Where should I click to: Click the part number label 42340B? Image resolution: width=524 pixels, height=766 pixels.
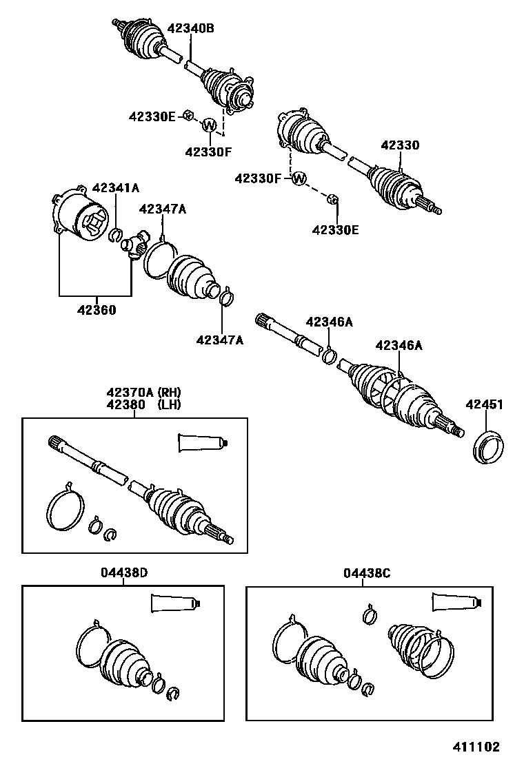point(191,28)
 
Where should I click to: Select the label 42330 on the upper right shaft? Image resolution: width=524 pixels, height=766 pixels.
point(400,145)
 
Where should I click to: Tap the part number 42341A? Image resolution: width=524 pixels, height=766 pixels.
point(116,187)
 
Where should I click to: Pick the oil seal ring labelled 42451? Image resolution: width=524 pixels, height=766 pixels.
point(489,446)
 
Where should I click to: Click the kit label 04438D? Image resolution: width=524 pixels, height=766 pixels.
point(124,573)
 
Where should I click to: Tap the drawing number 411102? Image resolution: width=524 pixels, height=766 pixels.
point(476,747)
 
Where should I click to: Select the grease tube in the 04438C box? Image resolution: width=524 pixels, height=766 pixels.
point(456,601)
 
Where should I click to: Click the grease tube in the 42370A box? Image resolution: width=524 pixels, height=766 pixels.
point(201,442)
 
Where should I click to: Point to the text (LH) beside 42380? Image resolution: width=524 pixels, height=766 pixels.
point(169,404)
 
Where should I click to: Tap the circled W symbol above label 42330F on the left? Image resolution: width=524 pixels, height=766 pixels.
point(210,125)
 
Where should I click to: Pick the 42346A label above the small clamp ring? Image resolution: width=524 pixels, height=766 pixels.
point(330,322)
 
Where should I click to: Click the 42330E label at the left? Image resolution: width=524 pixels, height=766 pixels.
point(152,117)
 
